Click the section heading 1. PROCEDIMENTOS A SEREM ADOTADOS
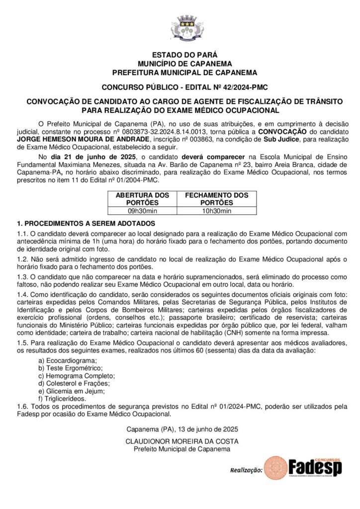pyautogui.click(x=86, y=223)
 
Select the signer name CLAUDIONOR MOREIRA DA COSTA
pyautogui.click(x=182, y=441)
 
